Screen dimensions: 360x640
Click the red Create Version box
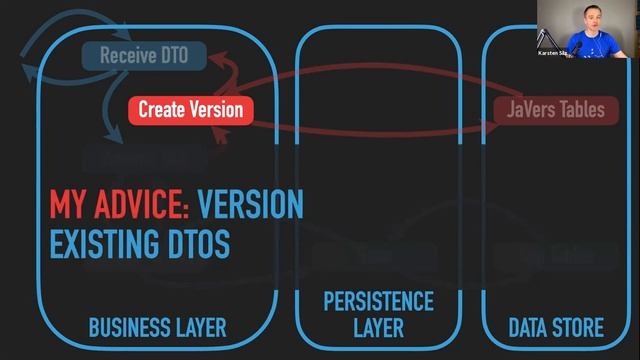190,110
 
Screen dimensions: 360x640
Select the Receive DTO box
144,55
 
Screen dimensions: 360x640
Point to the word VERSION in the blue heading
250,205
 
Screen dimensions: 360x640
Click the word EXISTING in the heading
108,243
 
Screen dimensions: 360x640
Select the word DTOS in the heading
200,243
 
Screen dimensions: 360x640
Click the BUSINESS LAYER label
157,327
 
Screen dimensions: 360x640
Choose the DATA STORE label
556,327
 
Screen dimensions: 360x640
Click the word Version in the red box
219,110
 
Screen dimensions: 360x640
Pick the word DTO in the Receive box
174,55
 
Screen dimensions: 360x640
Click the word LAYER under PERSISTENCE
378,327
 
